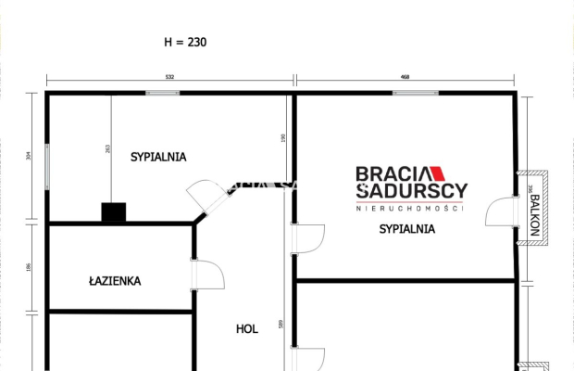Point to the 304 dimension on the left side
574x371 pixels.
(30, 157)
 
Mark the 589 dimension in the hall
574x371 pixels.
(279, 326)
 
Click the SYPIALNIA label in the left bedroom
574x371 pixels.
(158, 157)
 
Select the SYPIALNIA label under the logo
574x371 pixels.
(406, 229)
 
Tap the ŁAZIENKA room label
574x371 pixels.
(115, 279)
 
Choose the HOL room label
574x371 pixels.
(246, 327)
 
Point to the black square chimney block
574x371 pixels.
(114, 212)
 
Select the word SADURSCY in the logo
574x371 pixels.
(413, 190)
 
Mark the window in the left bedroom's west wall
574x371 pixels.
(48, 167)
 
